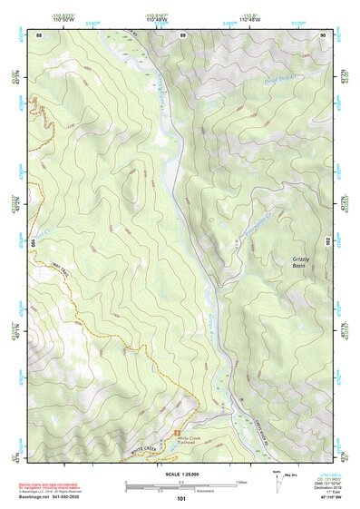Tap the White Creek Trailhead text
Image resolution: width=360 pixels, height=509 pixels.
pos(193,437)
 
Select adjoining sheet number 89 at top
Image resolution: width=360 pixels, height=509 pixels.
pos(182,35)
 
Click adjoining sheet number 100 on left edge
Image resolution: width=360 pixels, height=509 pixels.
pos(36,243)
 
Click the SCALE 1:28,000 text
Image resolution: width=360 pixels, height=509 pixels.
pos(180,473)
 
